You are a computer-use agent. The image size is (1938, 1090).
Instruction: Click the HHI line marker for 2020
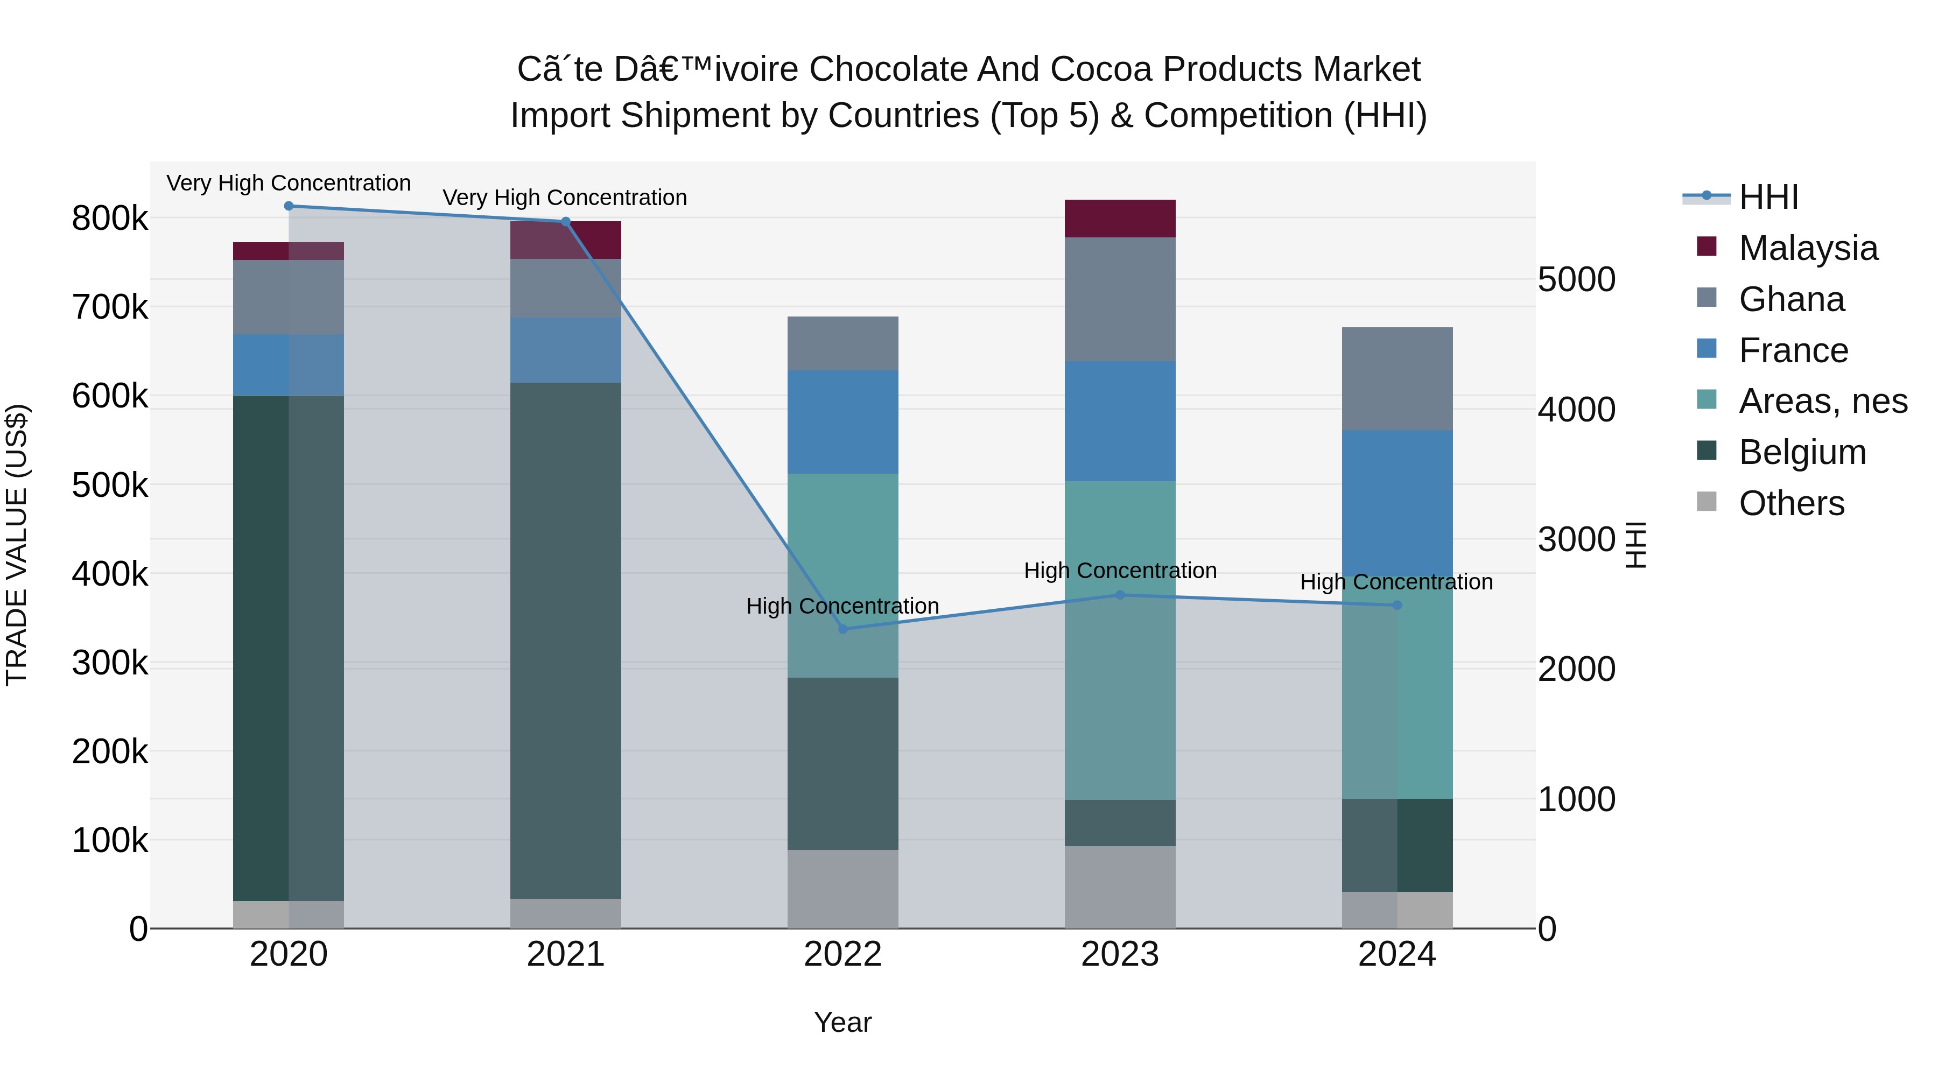tap(289, 206)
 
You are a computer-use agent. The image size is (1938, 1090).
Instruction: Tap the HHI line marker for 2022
tap(842, 629)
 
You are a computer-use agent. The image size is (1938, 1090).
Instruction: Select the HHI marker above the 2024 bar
tap(1397, 605)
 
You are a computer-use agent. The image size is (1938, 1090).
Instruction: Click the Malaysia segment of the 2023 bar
tap(1120, 219)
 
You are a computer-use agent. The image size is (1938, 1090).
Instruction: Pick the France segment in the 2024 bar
tap(1397, 504)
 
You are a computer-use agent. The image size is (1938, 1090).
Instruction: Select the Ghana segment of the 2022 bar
tap(842, 343)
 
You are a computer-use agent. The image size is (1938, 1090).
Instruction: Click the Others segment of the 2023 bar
tap(1120, 887)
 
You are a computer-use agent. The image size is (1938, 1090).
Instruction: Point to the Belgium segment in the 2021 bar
tap(566, 639)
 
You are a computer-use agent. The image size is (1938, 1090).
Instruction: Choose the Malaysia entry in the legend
tap(1808, 248)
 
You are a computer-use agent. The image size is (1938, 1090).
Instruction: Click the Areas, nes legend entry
tap(1822, 401)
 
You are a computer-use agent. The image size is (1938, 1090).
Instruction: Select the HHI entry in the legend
tap(1768, 197)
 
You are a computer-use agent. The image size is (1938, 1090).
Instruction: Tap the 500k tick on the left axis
tap(110, 485)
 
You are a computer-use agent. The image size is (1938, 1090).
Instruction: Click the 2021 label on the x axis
tap(566, 954)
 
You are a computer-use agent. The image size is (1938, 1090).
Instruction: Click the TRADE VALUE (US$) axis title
tap(17, 545)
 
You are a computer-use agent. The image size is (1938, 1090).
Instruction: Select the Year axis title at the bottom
tap(842, 1022)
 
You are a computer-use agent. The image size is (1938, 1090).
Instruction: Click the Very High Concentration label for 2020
tap(289, 183)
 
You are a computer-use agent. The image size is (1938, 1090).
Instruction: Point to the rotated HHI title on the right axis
tap(1635, 545)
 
